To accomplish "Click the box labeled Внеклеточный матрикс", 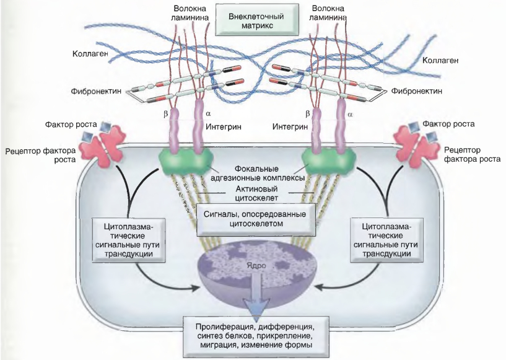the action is [256, 20].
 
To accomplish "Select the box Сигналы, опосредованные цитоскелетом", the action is [255, 219].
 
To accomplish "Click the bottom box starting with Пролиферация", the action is [256, 336].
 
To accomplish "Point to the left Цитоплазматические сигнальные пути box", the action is [129, 240].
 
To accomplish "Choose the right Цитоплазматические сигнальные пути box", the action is [386, 240].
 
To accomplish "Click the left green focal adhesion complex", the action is [185, 160].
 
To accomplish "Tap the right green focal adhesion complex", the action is [328, 160].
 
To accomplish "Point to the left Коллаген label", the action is [90, 53].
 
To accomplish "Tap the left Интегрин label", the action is [224, 126].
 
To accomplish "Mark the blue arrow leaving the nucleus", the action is [256, 295].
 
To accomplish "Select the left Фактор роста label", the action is [71, 125].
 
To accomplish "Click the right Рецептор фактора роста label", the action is [473, 154].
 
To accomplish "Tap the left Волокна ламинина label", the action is [190, 13].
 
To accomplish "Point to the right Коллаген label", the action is [440, 60].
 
